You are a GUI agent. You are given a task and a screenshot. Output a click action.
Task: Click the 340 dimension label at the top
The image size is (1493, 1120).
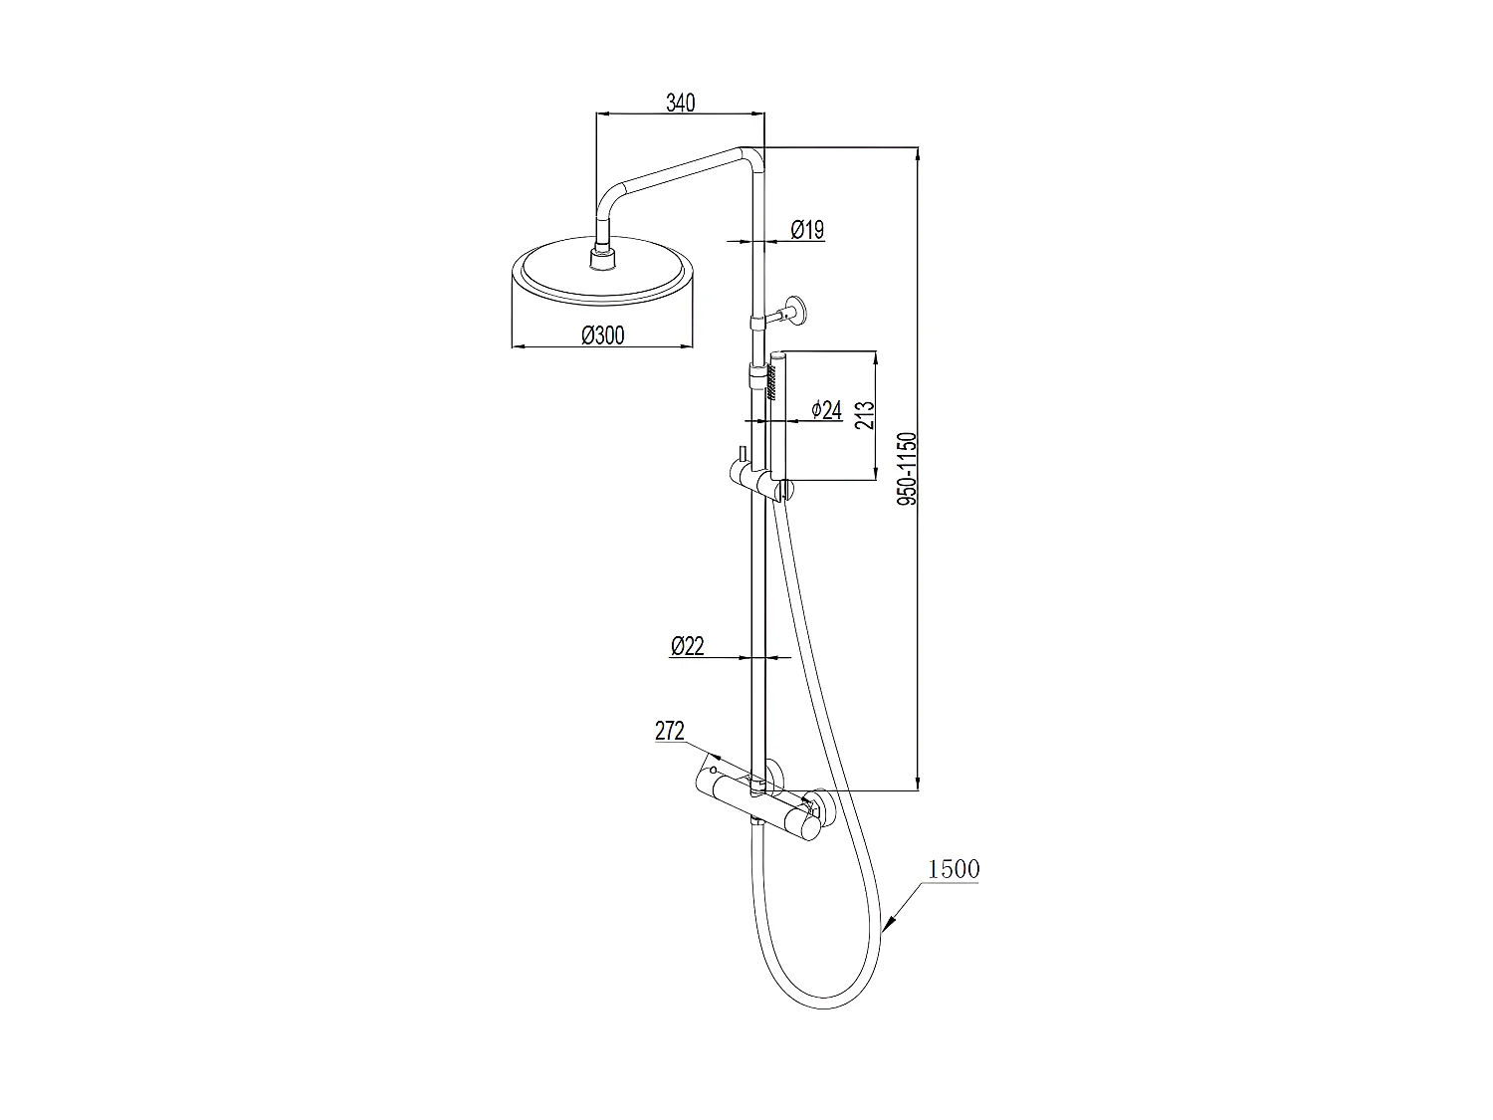point(680,102)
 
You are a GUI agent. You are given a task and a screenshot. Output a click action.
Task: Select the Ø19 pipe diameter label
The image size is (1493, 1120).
point(807,230)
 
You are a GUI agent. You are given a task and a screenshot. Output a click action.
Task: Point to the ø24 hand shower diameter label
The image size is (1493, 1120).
point(826,409)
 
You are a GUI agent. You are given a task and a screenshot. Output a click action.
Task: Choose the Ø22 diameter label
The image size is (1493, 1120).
point(687,646)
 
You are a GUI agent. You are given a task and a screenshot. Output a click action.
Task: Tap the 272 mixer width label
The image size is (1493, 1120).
point(670,732)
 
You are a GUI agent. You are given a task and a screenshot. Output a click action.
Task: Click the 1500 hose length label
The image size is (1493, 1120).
point(953,869)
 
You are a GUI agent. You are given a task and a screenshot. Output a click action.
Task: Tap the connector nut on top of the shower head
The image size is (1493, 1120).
point(603,259)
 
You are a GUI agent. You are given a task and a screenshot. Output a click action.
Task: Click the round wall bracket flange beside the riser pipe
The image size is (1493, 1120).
point(798,310)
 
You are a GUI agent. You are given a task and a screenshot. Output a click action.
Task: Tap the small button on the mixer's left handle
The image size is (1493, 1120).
point(714,773)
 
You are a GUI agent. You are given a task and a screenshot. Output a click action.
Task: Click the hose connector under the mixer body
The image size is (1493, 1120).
point(759,822)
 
